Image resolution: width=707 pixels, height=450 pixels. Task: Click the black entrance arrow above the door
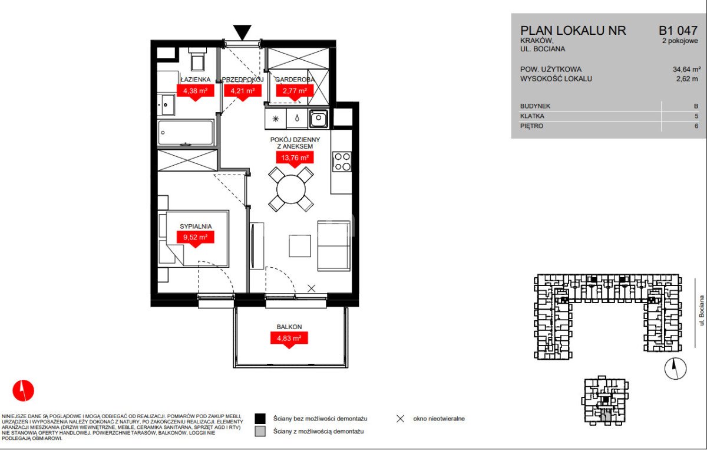[242, 32]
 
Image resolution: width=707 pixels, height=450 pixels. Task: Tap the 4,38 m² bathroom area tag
[196, 92]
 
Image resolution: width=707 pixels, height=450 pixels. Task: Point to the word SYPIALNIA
[196, 226]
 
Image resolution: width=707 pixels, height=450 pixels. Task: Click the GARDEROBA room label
[295, 79]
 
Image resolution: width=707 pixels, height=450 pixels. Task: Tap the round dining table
[291, 189]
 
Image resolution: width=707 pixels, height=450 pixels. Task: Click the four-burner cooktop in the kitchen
[342, 162]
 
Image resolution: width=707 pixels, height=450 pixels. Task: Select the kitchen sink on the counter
[318, 119]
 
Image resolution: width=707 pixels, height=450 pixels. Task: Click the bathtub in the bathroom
[186, 133]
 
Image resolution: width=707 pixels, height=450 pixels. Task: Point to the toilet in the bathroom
[197, 59]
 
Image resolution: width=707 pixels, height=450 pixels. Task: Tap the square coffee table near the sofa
[300, 245]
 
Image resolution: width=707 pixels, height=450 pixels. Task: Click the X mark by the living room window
[312, 288]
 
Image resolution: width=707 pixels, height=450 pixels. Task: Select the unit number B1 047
[678, 30]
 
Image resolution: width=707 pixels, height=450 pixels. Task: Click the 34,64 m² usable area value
[687, 69]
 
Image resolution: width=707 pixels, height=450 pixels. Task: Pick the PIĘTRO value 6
[696, 126]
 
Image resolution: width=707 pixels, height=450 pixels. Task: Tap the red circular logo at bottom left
[24, 390]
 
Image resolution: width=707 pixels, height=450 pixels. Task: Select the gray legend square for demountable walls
[260, 432]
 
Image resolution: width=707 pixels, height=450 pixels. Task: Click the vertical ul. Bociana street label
[701, 310]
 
